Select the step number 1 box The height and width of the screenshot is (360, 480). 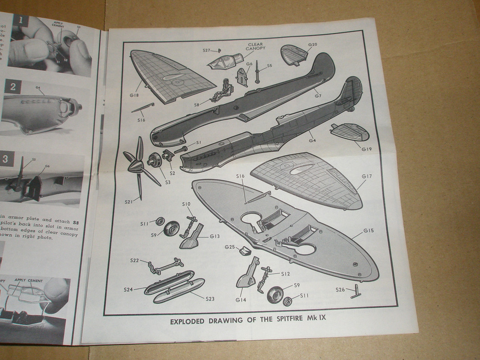tap(20, 21)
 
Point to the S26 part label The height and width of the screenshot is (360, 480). tap(341, 289)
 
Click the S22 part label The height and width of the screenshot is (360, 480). tap(135, 261)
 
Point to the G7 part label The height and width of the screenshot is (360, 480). tap(318, 96)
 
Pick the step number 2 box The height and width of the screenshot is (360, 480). tap(12, 87)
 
